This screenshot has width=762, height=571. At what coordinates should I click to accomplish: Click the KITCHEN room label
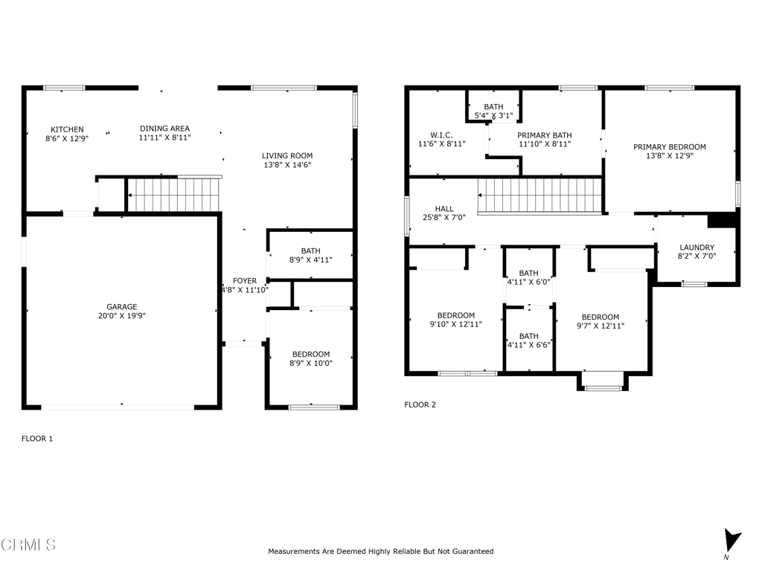67,129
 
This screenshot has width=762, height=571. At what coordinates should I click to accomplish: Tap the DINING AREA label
164,129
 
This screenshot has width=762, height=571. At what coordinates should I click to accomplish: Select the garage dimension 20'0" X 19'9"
122,315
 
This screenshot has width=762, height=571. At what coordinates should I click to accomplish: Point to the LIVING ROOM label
287,156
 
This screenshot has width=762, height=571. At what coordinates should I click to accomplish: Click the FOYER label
244,281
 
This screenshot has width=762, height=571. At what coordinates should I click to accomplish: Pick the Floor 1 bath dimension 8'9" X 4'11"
310,259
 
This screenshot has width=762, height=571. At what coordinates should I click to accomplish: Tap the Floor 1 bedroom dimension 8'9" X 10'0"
311,363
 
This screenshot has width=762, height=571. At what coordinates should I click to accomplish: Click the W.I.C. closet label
442,135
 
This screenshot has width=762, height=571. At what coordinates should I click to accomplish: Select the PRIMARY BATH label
544,135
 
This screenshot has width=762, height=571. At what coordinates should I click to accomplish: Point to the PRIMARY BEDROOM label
670,147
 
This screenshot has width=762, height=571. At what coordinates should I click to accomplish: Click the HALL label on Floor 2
444,209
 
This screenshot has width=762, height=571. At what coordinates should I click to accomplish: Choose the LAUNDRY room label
697,248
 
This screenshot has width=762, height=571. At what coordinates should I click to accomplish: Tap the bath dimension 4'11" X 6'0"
529,282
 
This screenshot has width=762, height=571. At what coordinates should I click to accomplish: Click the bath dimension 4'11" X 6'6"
529,345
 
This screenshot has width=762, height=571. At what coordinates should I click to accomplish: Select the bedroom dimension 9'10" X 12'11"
456,324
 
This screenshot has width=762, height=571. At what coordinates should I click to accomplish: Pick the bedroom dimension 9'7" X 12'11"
601,326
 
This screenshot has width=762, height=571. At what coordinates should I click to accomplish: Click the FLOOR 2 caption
420,405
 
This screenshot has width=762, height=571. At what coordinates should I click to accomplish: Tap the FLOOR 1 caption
37,439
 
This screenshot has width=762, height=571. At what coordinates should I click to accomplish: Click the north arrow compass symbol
732,541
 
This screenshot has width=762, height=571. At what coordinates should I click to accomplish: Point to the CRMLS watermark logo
29,544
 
